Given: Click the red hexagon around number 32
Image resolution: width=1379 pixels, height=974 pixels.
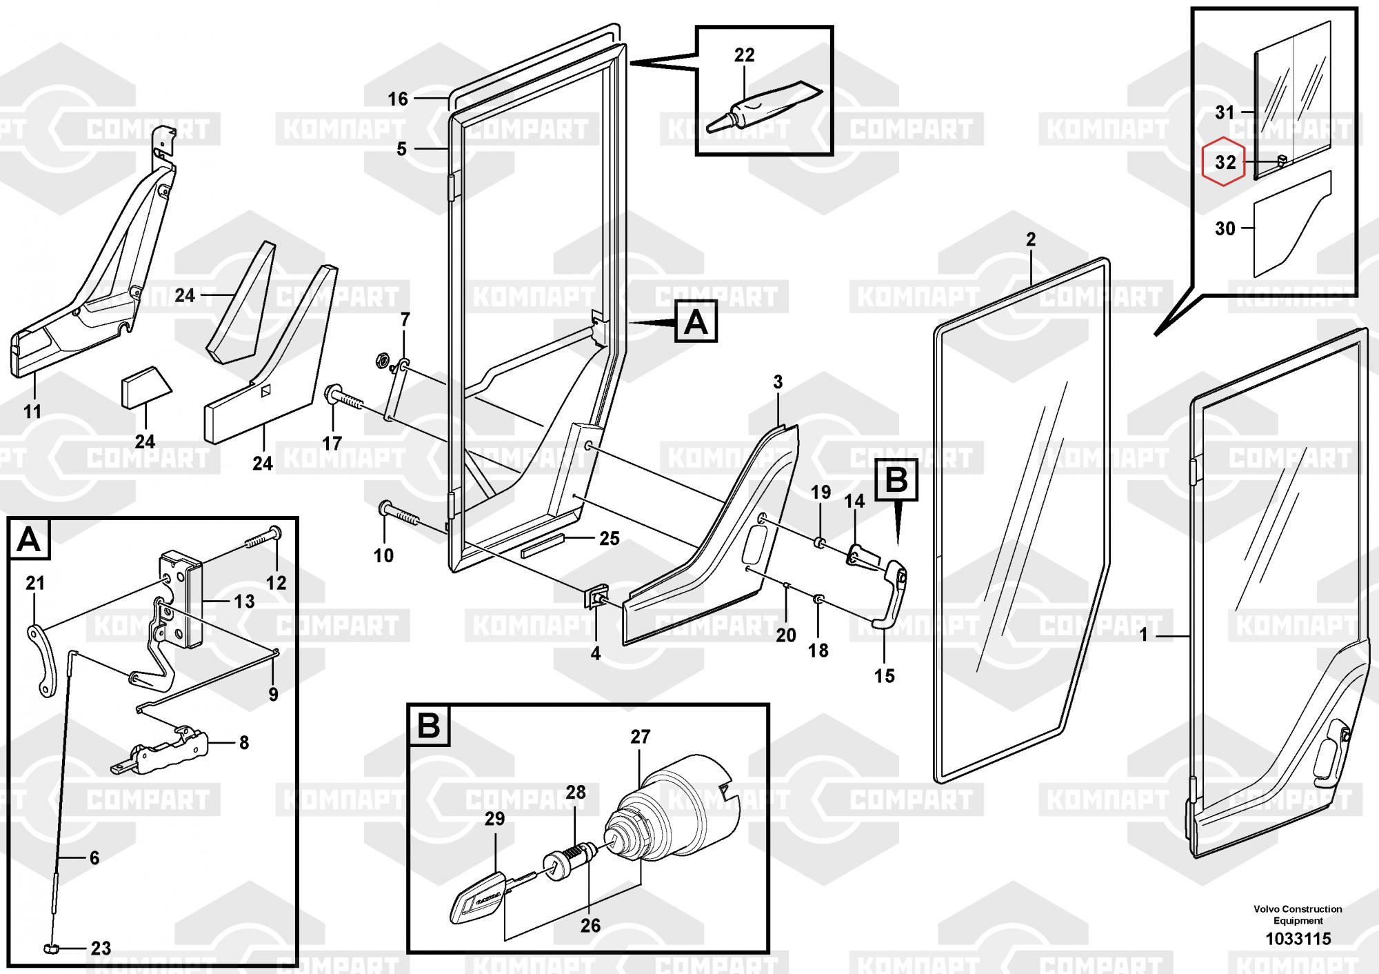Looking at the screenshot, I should pyautogui.click(x=1224, y=163).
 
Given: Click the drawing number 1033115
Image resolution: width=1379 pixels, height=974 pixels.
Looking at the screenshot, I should pyautogui.click(x=1298, y=938).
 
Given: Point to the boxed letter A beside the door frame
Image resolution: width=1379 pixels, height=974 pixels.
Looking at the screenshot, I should pyautogui.click(x=696, y=322).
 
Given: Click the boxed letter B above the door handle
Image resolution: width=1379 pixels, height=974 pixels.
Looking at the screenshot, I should pyautogui.click(x=896, y=479).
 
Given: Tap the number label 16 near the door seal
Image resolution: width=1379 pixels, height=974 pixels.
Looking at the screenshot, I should pyautogui.click(x=398, y=99).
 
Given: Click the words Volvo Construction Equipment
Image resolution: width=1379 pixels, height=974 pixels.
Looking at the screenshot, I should pyautogui.click(x=1298, y=915).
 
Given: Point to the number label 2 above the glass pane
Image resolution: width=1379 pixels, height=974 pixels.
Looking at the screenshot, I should pyautogui.click(x=1031, y=240).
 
